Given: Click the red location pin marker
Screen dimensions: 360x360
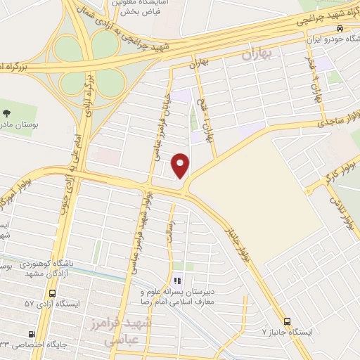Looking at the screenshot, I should [181, 167].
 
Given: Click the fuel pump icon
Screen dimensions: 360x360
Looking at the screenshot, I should [31, 334].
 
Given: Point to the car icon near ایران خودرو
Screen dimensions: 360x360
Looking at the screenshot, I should [340, 29].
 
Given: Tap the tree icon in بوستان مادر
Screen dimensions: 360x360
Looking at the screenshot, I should [7, 112].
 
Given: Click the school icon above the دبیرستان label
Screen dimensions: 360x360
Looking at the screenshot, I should [177, 279].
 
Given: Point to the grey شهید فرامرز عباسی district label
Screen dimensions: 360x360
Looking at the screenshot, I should [131, 330].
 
